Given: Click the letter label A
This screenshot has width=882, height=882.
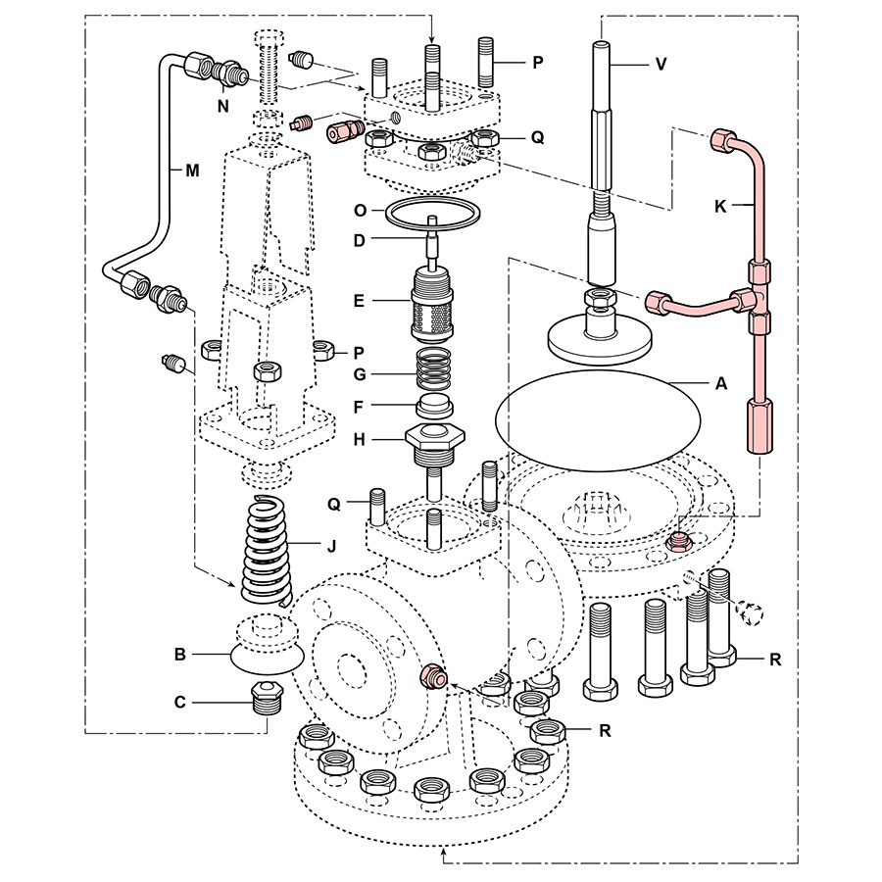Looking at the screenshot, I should pyautogui.click(x=721, y=384).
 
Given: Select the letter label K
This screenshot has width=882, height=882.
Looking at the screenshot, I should pyautogui.click(x=721, y=208).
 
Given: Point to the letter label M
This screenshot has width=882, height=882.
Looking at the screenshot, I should pyautogui.click(x=192, y=170).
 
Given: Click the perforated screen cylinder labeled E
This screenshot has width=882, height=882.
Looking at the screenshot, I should pyautogui.click(x=431, y=307).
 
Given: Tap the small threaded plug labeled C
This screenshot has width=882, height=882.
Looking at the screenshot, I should pyautogui.click(x=264, y=699).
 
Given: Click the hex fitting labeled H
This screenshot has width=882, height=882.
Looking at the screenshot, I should pyautogui.click(x=431, y=443).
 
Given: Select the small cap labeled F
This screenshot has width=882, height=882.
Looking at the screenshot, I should pyautogui.click(x=431, y=406).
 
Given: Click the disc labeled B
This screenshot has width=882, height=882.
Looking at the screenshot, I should pyautogui.click(x=263, y=653).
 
